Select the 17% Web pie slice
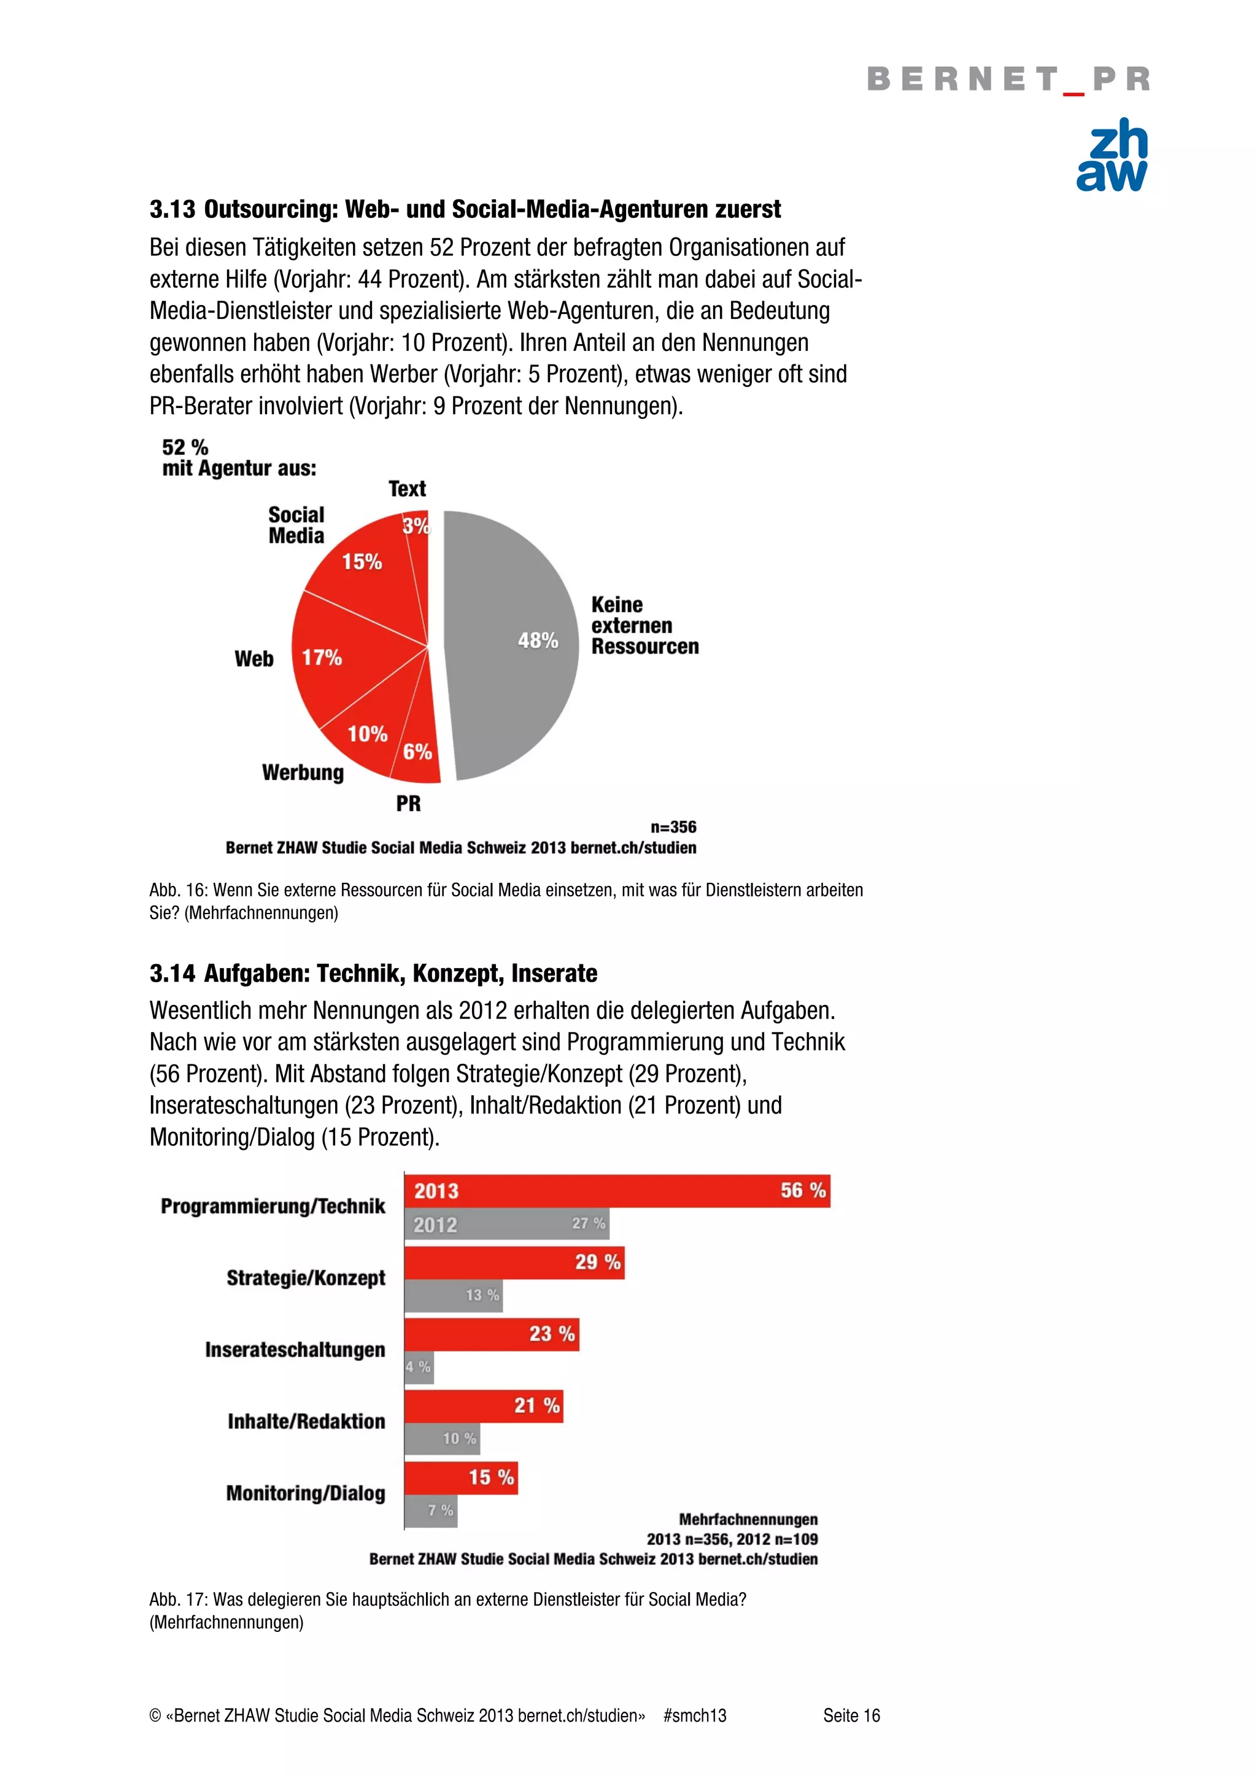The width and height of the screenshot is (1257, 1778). coord(349,658)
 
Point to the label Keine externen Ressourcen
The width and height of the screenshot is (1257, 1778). coord(644,625)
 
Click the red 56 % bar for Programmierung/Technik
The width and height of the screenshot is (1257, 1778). coord(616,1190)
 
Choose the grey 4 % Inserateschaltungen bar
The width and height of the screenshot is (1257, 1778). coord(418,1367)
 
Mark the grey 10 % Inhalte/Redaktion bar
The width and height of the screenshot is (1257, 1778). coord(441,1438)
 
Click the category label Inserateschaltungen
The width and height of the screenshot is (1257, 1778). coord(295,1350)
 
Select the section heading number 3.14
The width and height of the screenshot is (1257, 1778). coord(172,974)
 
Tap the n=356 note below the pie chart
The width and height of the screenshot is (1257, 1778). coord(673,827)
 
